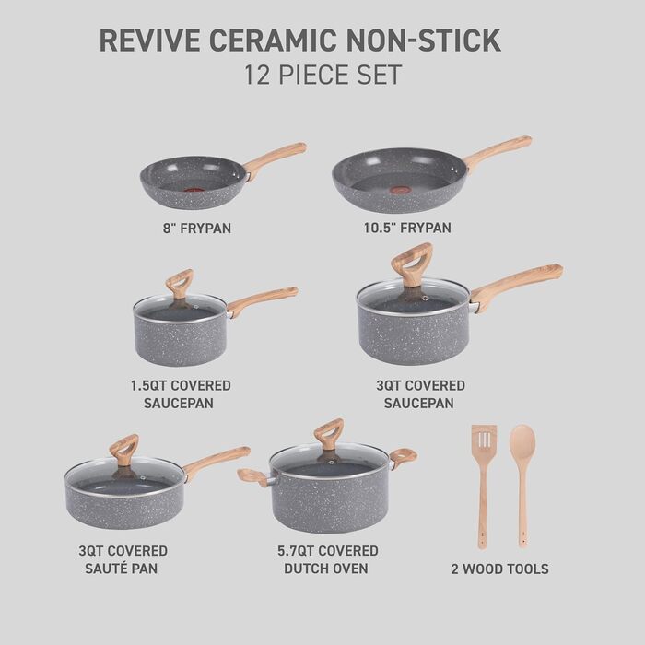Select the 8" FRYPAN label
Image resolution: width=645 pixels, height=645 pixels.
pyautogui.click(x=192, y=227)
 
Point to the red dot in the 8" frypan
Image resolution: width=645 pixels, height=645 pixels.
pyautogui.click(x=193, y=191)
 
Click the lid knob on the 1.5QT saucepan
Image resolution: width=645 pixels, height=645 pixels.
pyautogui.click(x=179, y=282)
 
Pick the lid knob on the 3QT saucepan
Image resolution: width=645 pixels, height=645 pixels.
pyautogui.click(x=411, y=262)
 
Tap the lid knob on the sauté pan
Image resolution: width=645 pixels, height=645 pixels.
pyautogui.click(x=123, y=448)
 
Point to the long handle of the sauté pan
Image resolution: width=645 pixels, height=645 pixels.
pyautogui.click(x=216, y=461)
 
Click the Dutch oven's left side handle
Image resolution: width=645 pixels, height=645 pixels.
pyautogui.click(x=251, y=476)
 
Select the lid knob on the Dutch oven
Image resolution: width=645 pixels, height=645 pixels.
pyautogui.click(x=328, y=432)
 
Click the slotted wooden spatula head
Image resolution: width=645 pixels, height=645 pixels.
pyautogui.click(x=483, y=441)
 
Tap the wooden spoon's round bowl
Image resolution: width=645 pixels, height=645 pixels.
pyautogui.click(x=522, y=441)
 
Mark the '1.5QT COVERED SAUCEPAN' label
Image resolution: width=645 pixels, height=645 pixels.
pyautogui.click(x=181, y=393)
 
